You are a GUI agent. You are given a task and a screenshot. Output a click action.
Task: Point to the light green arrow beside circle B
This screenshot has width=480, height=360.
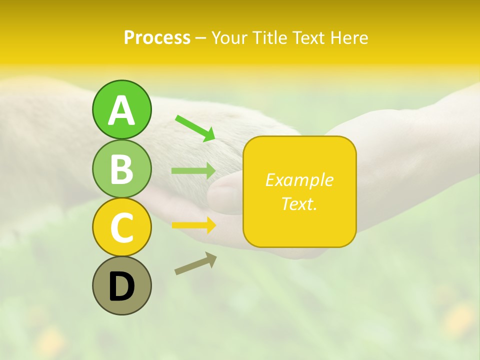point(193,171)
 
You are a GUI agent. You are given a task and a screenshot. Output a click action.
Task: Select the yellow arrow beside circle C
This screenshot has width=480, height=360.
point(193,225)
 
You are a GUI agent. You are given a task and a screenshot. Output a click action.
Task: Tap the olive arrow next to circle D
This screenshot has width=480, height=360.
point(195,263)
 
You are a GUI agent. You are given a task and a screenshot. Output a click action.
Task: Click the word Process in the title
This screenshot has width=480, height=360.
point(157,37)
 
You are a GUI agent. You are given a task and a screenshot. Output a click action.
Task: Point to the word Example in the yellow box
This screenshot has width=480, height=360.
point(299,180)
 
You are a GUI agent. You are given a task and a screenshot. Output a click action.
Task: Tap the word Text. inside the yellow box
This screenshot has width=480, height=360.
point(299,203)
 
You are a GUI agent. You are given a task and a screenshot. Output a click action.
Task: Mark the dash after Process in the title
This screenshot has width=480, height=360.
point(201,38)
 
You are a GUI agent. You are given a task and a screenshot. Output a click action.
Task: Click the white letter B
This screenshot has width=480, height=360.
point(121,169)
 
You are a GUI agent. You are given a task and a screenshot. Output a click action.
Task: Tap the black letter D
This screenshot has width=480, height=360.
point(121,286)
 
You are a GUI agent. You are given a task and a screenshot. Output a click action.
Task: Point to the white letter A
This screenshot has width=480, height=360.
point(121,110)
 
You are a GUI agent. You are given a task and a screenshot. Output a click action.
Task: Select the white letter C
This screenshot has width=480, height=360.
point(121,228)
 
